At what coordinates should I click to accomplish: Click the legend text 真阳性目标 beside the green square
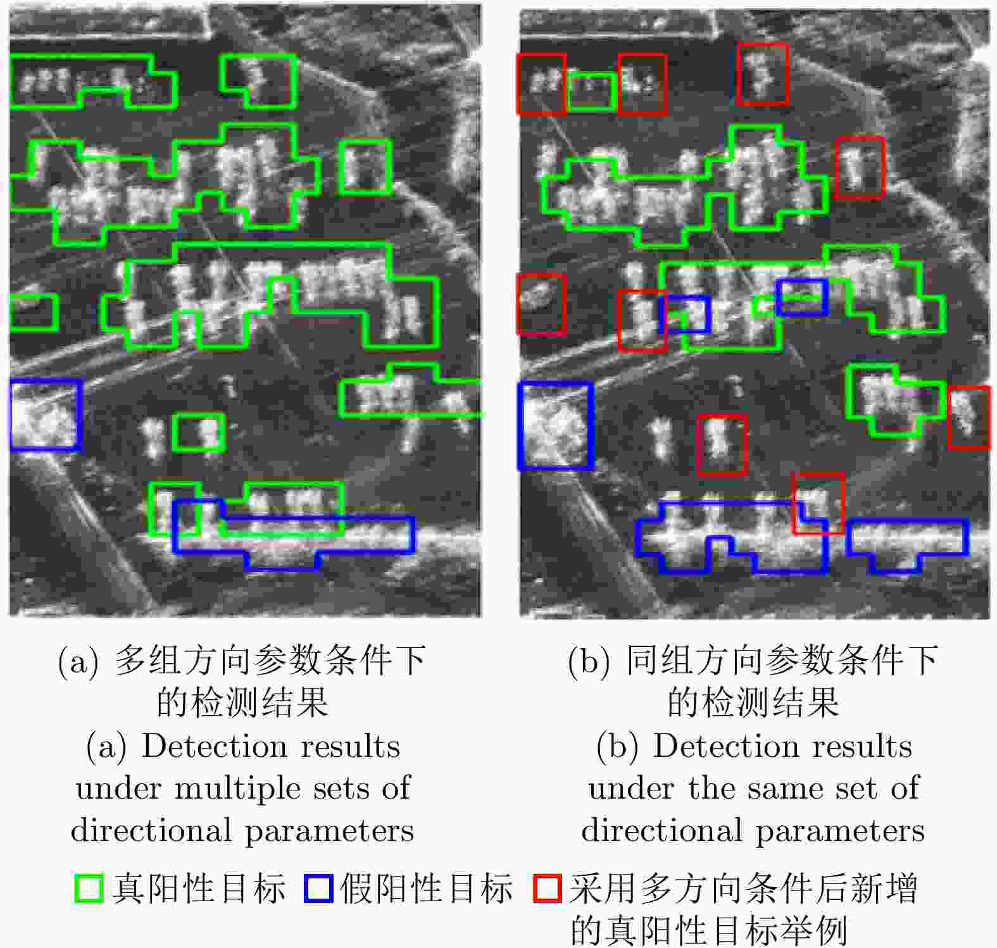(199, 889)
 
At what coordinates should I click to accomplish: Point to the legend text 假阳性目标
(427, 889)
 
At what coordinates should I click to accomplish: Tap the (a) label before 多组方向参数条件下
(78, 661)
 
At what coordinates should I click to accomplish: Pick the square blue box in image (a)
(11, 415)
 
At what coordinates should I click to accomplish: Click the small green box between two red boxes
(591, 75)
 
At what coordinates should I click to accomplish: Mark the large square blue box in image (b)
(519, 425)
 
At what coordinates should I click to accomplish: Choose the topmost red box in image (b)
(739, 73)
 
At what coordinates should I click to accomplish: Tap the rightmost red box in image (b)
(950, 417)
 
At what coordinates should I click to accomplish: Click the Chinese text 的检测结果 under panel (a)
(242, 702)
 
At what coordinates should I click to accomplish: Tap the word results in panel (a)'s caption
(350, 747)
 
